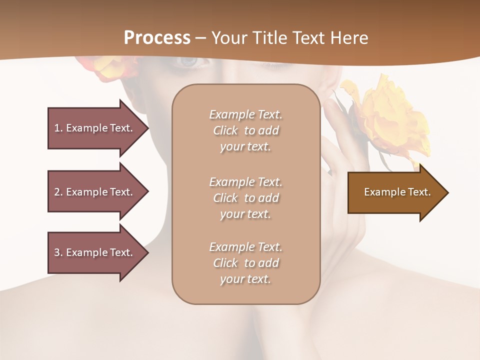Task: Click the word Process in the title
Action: (x=157, y=38)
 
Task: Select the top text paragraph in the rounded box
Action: (x=245, y=130)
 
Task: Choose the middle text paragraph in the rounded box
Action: (x=245, y=198)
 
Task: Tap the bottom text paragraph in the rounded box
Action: (x=245, y=263)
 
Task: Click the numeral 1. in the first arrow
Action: (x=58, y=128)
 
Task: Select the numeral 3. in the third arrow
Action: (x=58, y=252)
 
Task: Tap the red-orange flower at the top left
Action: (x=107, y=67)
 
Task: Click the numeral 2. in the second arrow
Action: (x=58, y=192)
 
